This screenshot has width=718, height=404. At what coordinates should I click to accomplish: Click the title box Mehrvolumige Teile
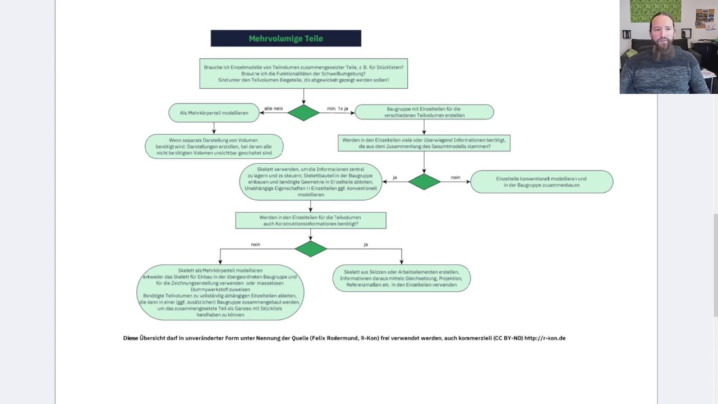[x=286, y=39]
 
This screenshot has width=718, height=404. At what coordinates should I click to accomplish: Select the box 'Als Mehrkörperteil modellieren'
[x=214, y=113]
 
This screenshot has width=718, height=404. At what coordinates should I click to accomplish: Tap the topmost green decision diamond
[x=303, y=113]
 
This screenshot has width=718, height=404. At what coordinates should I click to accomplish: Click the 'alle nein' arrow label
[x=274, y=108]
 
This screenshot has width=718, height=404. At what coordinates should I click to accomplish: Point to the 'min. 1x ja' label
[x=338, y=108]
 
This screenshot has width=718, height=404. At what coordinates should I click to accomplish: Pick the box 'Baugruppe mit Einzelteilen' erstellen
[x=424, y=112]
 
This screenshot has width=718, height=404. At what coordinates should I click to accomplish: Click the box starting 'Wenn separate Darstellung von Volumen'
[x=214, y=146]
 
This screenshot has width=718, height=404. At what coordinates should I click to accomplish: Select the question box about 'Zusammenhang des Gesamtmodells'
[x=424, y=143]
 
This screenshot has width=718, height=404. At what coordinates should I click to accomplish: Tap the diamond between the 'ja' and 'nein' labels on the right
[x=424, y=182]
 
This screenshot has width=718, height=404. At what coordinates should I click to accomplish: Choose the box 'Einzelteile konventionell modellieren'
[x=541, y=182]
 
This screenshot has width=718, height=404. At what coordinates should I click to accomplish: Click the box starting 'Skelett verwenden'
[x=310, y=182]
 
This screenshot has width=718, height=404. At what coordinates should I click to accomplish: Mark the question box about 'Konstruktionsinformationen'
[x=310, y=221]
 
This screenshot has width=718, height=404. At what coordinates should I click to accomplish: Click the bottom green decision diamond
[x=310, y=249]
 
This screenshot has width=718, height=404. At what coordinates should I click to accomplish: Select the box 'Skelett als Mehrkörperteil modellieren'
[x=220, y=292]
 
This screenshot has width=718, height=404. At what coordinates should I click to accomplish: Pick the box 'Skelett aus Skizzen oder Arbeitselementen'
[x=401, y=278]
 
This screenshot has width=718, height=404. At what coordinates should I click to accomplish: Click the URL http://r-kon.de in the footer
[x=545, y=338]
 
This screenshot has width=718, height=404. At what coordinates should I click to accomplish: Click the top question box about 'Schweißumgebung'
[x=303, y=74]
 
